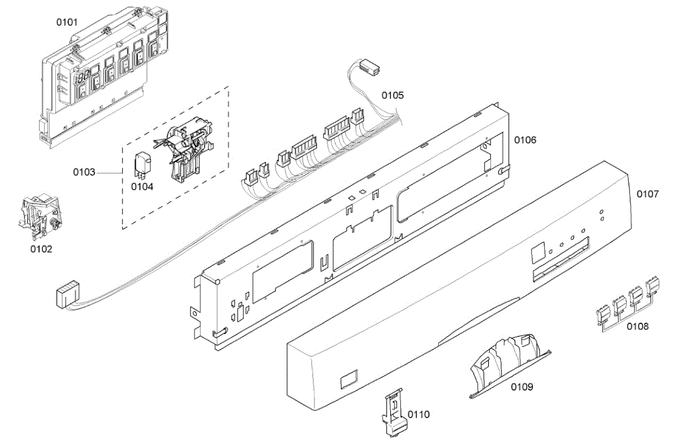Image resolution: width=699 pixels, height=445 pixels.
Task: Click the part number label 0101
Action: point(66,22)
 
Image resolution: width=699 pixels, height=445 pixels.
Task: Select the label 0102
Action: point(41,249)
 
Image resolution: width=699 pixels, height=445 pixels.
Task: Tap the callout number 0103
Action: point(84,172)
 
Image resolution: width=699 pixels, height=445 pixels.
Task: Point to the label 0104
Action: point(142,187)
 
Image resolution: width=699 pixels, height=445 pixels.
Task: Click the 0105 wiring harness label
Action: point(393,95)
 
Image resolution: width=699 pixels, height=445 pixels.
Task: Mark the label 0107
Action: point(647,194)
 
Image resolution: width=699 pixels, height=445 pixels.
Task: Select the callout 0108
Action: point(637,326)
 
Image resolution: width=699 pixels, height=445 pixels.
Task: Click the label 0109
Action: point(522,386)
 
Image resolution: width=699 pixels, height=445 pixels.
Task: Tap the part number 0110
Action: point(419,414)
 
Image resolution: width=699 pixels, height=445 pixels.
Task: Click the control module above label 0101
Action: point(102,82)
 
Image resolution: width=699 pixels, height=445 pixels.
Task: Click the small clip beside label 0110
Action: point(392,412)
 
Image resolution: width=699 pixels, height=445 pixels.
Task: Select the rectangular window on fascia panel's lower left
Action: point(348,379)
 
